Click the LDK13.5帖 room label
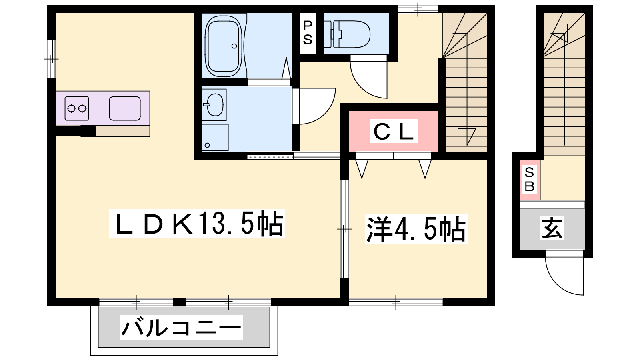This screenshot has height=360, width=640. (197, 224)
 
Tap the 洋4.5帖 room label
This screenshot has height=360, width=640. (416, 229)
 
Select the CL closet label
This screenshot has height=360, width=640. (394, 131)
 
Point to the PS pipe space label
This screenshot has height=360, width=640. (308, 33)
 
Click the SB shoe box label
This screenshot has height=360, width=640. (530, 180)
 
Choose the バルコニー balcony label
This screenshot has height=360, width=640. (182, 328)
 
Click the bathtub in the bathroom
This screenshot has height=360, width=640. (224, 46)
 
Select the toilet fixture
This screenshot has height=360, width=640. (350, 34)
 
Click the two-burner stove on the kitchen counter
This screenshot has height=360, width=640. (76, 108)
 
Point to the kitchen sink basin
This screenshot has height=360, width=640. (125, 108)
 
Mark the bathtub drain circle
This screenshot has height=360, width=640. (234, 46)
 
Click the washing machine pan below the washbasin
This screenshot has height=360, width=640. (215, 138)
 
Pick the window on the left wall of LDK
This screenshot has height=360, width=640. (51, 59)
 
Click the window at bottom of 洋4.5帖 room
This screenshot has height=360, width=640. (396, 302)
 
